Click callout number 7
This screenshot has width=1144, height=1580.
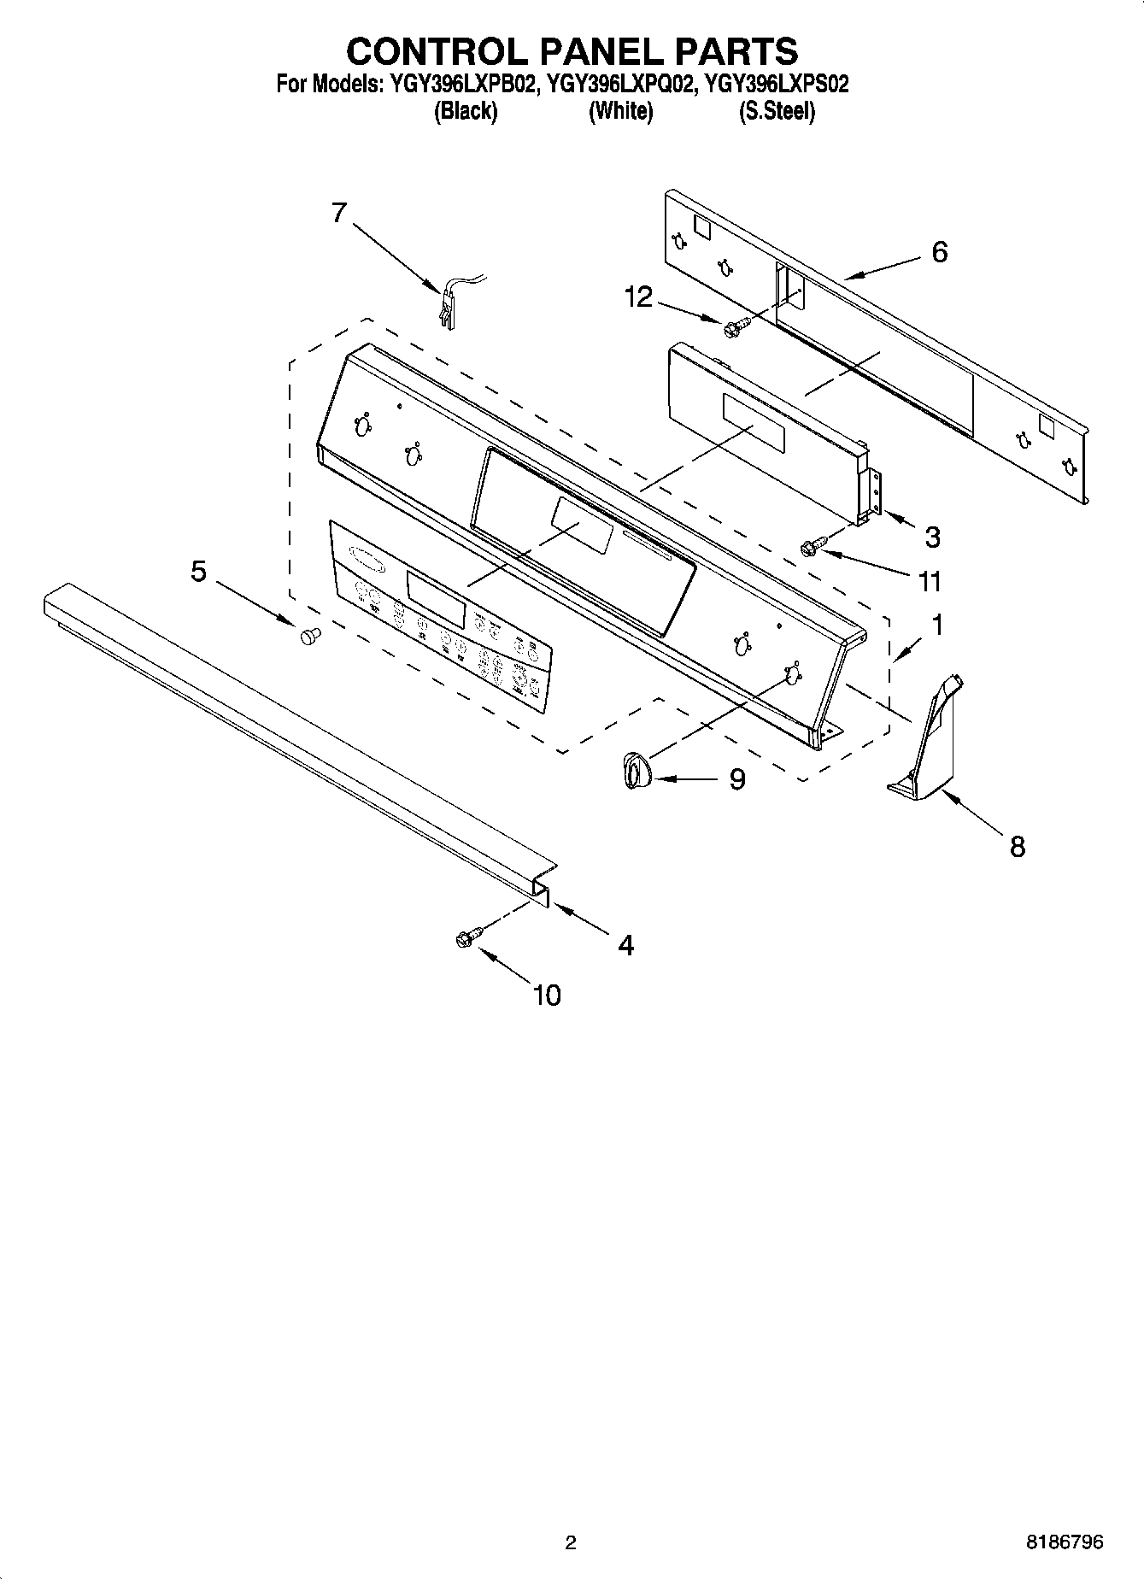[x=339, y=212]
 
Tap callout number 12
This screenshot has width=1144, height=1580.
[x=638, y=297]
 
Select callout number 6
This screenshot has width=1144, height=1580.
[x=939, y=252]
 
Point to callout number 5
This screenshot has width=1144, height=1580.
[x=198, y=571]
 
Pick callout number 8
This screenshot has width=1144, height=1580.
[x=1017, y=847]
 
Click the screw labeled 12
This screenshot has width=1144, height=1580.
[x=735, y=326]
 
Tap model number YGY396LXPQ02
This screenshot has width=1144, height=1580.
[x=618, y=85]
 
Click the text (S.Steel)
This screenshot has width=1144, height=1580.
[x=777, y=111]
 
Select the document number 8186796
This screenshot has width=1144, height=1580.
[x=1065, y=1542]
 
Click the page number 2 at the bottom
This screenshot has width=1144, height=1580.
[x=571, y=1542]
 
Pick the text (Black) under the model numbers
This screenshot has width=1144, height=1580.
[x=466, y=111]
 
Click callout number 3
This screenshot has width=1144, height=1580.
[x=932, y=537]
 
